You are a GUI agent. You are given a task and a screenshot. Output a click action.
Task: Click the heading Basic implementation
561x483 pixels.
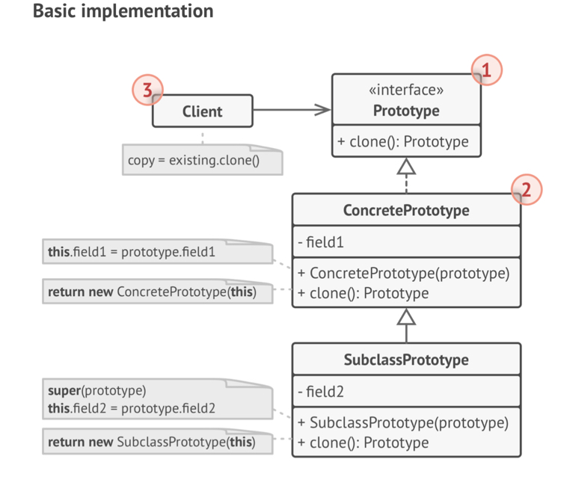(123, 12)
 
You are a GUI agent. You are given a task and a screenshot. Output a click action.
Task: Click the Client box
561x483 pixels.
(202, 111)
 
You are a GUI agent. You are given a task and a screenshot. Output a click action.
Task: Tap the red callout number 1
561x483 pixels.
(486, 71)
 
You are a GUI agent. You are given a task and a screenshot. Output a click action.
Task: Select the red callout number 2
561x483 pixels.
(526, 190)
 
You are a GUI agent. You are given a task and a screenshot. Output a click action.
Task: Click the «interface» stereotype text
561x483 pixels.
(406, 90)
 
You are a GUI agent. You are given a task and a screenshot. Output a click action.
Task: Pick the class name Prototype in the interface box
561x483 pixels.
(406, 111)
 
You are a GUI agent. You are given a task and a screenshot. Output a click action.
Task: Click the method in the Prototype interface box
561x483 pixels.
(403, 141)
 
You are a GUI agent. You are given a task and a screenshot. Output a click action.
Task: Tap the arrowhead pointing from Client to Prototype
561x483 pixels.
(322, 111)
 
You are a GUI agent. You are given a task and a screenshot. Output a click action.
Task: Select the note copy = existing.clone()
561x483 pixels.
(202, 160)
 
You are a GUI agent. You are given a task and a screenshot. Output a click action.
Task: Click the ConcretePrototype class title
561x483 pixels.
(406, 210)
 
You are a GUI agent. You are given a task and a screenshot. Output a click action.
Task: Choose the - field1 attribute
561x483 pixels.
(321, 242)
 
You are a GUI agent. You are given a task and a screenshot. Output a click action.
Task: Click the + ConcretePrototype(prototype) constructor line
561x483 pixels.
(403, 273)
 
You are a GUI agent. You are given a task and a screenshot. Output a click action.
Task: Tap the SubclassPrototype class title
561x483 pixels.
(406, 360)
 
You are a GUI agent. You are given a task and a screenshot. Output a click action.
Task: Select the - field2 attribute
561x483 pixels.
(321, 392)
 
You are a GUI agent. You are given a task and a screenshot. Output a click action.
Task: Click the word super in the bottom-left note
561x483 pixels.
(64, 390)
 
